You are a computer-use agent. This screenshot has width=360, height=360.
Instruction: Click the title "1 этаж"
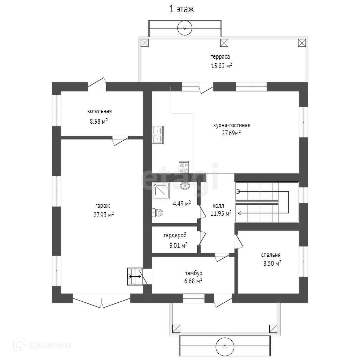click(181, 9)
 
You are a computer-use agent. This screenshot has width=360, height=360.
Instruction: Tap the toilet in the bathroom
click(157, 213)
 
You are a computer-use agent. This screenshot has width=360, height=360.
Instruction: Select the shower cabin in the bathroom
click(161, 191)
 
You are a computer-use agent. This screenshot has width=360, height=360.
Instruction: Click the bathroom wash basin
click(185, 185)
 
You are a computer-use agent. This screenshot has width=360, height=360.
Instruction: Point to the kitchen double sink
click(158, 135)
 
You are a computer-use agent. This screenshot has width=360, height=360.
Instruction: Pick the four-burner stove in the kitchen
click(184, 167)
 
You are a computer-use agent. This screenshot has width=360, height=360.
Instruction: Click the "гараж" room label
click(103, 206)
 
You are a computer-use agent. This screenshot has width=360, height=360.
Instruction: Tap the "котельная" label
click(99, 111)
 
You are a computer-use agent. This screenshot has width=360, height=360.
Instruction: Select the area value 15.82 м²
click(221, 66)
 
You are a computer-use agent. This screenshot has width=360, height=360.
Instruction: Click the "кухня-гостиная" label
click(232, 126)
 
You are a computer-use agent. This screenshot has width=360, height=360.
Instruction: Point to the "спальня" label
click(271, 255)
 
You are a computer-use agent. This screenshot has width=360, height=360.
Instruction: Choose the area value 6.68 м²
click(193, 281)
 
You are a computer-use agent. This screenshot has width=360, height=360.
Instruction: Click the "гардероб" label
click(175, 236)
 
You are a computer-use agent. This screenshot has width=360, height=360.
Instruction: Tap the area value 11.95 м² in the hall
click(221, 213)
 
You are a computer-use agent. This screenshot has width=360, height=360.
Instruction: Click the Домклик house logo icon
click(19, 345)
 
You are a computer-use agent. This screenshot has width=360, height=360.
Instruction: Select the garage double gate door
click(102, 301)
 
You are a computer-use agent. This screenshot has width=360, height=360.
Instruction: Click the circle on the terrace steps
click(185, 28)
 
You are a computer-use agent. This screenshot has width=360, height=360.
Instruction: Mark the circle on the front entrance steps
click(225, 346)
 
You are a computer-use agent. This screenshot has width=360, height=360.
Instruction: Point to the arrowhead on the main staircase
click(239, 213)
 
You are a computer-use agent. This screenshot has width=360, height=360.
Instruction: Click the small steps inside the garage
click(135, 276)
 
